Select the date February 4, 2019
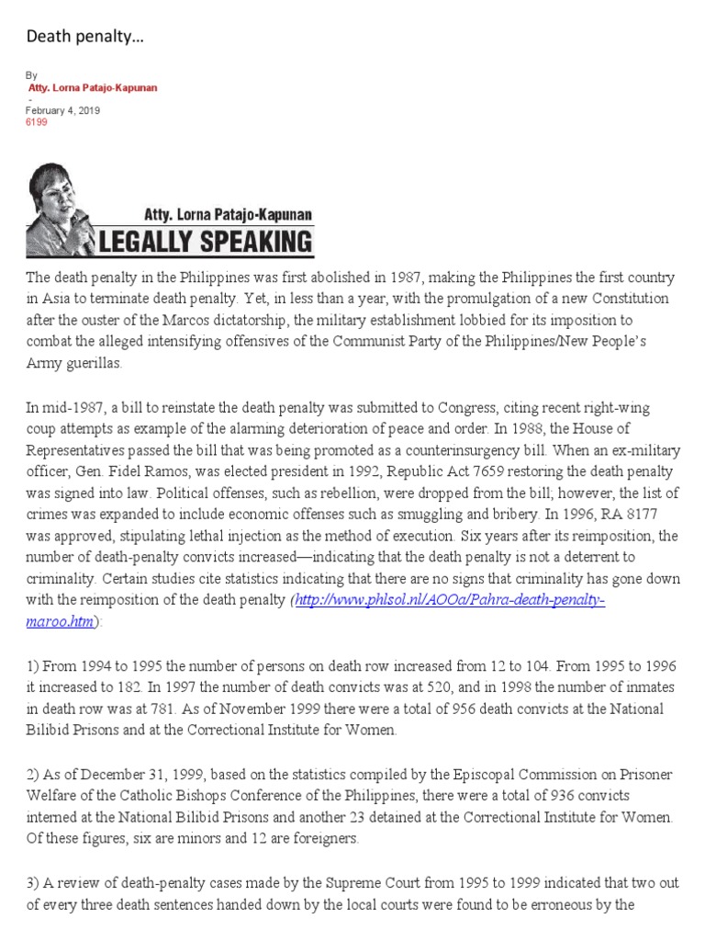click(62, 110)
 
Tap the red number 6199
click(36, 121)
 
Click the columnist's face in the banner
click(61, 198)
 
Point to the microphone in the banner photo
click(80, 221)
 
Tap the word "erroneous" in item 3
click(582, 905)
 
